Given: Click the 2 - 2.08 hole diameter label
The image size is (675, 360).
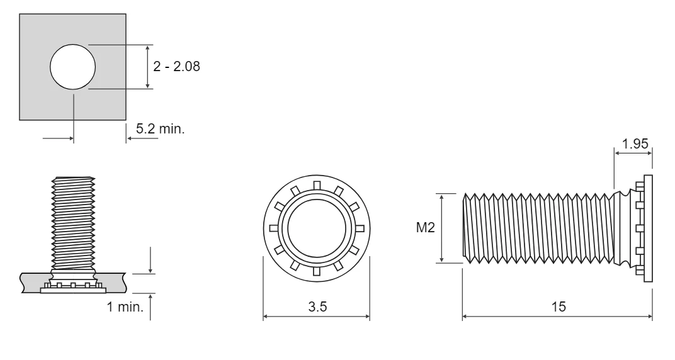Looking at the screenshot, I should click(x=177, y=67).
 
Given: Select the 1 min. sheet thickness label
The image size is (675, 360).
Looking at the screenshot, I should click(x=126, y=307).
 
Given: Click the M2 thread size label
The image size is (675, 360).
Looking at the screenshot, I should click(x=426, y=228).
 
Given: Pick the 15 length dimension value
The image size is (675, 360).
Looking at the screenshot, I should click(x=558, y=307).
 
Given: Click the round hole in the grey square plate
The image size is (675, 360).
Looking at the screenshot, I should click(x=73, y=67).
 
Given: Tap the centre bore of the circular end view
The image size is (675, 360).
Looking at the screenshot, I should click(x=316, y=228).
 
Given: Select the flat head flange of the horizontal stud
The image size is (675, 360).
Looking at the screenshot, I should click(x=648, y=228).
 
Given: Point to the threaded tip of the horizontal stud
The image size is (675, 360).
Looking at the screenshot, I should click(x=467, y=228).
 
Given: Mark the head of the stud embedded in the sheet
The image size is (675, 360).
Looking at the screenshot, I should click(x=72, y=289).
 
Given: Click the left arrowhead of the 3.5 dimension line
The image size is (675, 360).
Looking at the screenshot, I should click(x=265, y=317).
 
